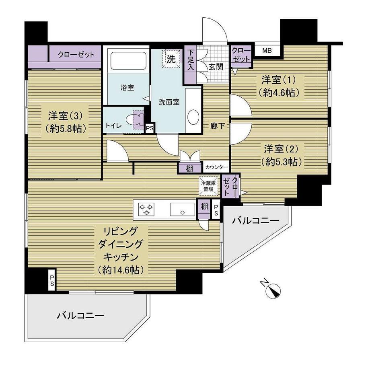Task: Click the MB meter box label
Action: click(267, 50)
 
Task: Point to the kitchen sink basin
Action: click(183, 210)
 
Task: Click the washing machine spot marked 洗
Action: click(171, 59)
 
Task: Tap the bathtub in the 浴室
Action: click(129, 61)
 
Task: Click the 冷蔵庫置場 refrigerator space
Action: click(209, 186)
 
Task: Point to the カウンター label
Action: click(216, 168)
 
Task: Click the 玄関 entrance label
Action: click(216, 67)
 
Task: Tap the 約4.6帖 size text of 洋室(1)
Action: click(278, 93)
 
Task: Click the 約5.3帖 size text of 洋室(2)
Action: click(281, 162)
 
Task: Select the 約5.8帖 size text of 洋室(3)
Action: click(66, 129)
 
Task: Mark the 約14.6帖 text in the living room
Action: click(120, 270)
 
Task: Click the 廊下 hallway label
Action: click(217, 126)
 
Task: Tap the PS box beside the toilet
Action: click(150, 128)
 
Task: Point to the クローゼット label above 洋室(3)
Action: click(76, 55)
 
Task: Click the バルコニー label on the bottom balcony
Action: click(80, 315)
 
